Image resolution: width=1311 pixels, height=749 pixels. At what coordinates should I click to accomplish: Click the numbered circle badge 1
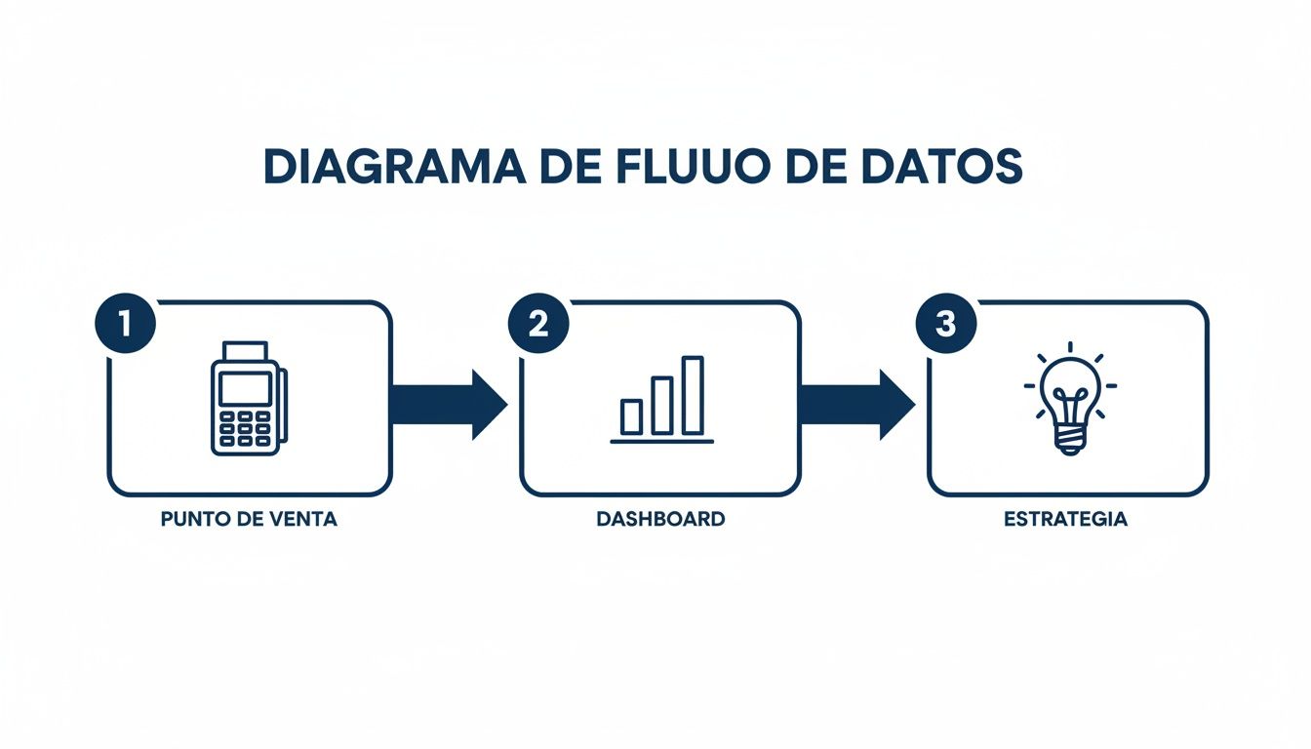pyautogui.click(x=125, y=325)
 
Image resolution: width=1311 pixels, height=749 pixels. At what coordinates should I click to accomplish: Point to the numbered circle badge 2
pyautogui.click(x=537, y=325)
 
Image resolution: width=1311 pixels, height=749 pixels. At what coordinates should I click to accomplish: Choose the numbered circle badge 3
pyautogui.click(x=944, y=325)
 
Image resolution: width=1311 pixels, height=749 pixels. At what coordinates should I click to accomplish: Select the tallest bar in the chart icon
pyautogui.click(x=693, y=395)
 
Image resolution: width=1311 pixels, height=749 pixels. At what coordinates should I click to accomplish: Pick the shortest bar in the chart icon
pyautogui.click(x=632, y=415)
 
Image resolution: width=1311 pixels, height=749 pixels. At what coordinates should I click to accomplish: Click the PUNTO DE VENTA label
pyautogui.click(x=249, y=519)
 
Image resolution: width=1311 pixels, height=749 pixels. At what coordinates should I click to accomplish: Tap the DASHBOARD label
pyautogui.click(x=660, y=519)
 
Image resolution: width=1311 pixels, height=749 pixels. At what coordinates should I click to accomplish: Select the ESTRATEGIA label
pyautogui.click(x=1065, y=519)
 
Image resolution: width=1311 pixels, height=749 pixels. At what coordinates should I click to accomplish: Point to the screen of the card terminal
pyautogui.click(x=245, y=389)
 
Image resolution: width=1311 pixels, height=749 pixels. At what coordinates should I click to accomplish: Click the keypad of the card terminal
pyautogui.click(x=245, y=428)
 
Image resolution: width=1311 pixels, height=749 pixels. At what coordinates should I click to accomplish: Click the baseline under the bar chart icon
pyautogui.click(x=661, y=442)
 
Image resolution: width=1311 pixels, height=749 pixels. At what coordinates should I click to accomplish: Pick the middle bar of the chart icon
pyautogui.click(x=662, y=405)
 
